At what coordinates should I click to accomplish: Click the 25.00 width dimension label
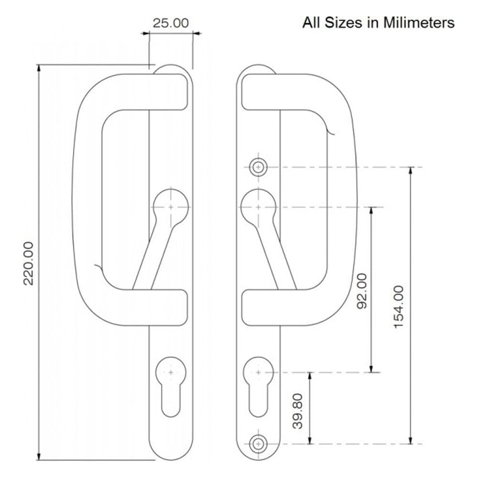(x=171, y=23)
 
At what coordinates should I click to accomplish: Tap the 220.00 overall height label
(x=29, y=263)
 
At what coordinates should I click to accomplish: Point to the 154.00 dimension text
(x=398, y=306)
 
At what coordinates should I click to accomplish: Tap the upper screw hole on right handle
(x=258, y=167)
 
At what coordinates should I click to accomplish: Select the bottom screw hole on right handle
(x=258, y=443)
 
